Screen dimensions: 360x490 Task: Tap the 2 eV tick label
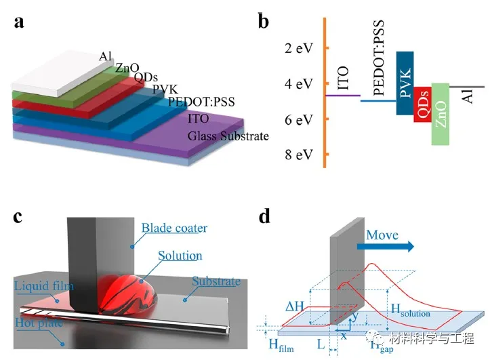[x=299, y=49]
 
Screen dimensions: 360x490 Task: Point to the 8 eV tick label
[x=299, y=155]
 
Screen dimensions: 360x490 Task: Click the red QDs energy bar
[x=422, y=105]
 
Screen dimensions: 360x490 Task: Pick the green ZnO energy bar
[x=441, y=114]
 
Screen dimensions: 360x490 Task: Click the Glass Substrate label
[x=228, y=136]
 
